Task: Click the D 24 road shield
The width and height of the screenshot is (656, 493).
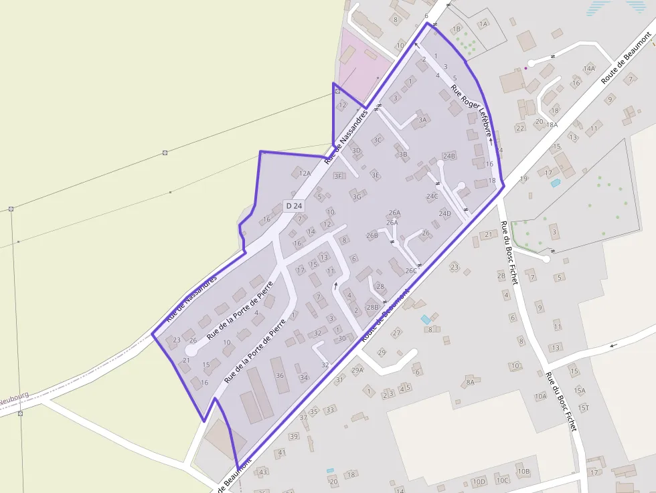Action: coord(293,206)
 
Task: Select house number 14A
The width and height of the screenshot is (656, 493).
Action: coord(589,68)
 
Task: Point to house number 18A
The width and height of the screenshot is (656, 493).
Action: coord(552,124)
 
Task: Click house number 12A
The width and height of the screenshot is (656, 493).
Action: coord(305,173)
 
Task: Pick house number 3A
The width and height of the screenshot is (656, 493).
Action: coord(422,120)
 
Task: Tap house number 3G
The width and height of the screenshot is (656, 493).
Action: coord(357,197)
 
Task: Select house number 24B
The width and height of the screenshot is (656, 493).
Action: coord(448,156)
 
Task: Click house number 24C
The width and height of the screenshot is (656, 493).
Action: coord(432,196)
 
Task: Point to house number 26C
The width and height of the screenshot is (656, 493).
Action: coord(411,271)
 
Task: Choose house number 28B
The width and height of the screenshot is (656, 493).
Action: coord(372,307)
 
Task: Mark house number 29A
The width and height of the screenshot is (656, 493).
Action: coord(357,370)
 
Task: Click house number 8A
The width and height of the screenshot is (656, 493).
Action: coord(470,382)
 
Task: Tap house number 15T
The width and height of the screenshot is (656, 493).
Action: coord(583,407)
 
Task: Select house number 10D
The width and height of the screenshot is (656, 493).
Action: coord(479,482)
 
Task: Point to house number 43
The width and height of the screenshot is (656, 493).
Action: coord(263,472)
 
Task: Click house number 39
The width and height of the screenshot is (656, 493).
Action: coord(294,436)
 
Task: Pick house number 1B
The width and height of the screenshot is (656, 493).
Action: coord(457,29)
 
